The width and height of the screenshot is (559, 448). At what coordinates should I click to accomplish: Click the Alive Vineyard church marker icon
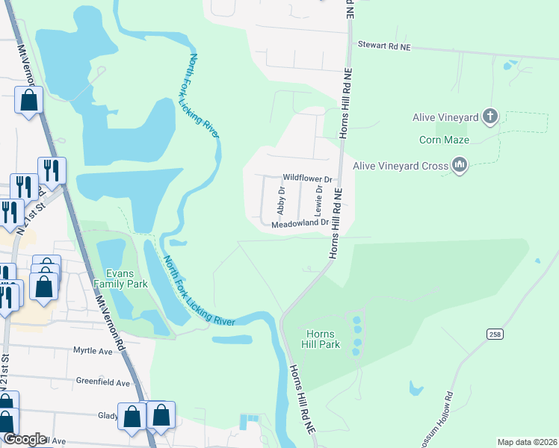(x=489, y=116)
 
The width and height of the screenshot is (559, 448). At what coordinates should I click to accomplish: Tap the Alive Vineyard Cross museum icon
(x=460, y=166)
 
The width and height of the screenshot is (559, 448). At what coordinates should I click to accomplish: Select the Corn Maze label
(x=444, y=140)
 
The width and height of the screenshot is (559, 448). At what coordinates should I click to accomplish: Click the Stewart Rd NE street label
(x=384, y=46)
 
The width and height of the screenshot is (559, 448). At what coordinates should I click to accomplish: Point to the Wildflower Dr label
(x=306, y=178)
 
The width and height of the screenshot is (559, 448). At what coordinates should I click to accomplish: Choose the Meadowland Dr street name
(x=300, y=223)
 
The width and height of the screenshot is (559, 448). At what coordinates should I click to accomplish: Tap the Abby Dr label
(x=282, y=200)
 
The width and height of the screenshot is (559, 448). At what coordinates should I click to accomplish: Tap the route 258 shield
(x=495, y=333)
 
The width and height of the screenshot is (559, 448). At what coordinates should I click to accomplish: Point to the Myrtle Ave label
(x=92, y=350)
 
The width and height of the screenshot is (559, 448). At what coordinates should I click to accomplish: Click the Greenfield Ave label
(x=104, y=380)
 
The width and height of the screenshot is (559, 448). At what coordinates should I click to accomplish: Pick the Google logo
(x=24, y=439)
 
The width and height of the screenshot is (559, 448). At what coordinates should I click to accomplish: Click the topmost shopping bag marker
(x=28, y=101)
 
